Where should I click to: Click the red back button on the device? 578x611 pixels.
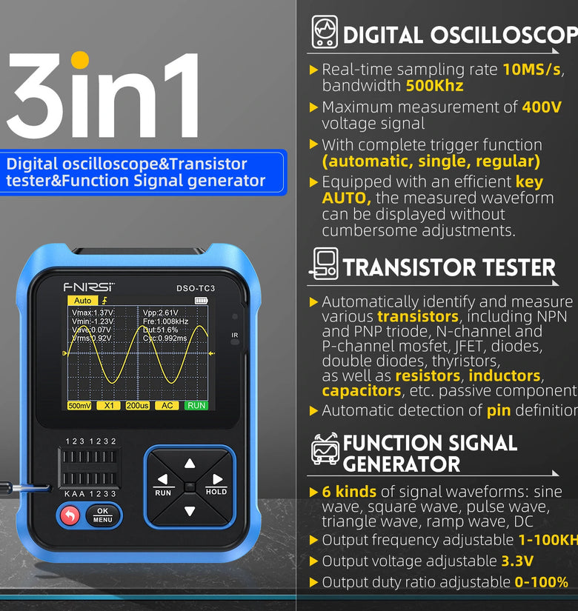coord(69,515)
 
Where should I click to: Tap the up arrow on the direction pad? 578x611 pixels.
coord(190,464)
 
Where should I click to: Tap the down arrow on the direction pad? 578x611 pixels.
coord(190,511)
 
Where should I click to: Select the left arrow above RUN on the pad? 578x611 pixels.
coord(163,480)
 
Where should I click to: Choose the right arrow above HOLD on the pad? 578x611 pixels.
coord(216,480)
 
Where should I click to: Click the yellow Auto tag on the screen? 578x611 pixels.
coord(82,301)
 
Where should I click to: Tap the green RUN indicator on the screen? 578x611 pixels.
coord(196,406)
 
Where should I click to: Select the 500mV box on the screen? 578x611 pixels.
coord(80,406)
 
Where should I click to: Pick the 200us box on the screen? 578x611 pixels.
coord(137,406)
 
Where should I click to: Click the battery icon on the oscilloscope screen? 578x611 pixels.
coord(202,301)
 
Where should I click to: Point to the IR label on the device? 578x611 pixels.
coord(235,335)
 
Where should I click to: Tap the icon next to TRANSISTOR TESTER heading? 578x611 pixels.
coord(323,265)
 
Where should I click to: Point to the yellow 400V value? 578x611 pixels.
coord(542,107)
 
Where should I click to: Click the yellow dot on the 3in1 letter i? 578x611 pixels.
coord(79,59)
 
